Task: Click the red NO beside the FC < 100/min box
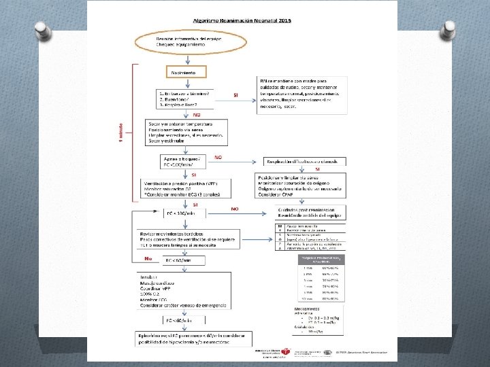tap(235, 209)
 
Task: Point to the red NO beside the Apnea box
tap(218, 157)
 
